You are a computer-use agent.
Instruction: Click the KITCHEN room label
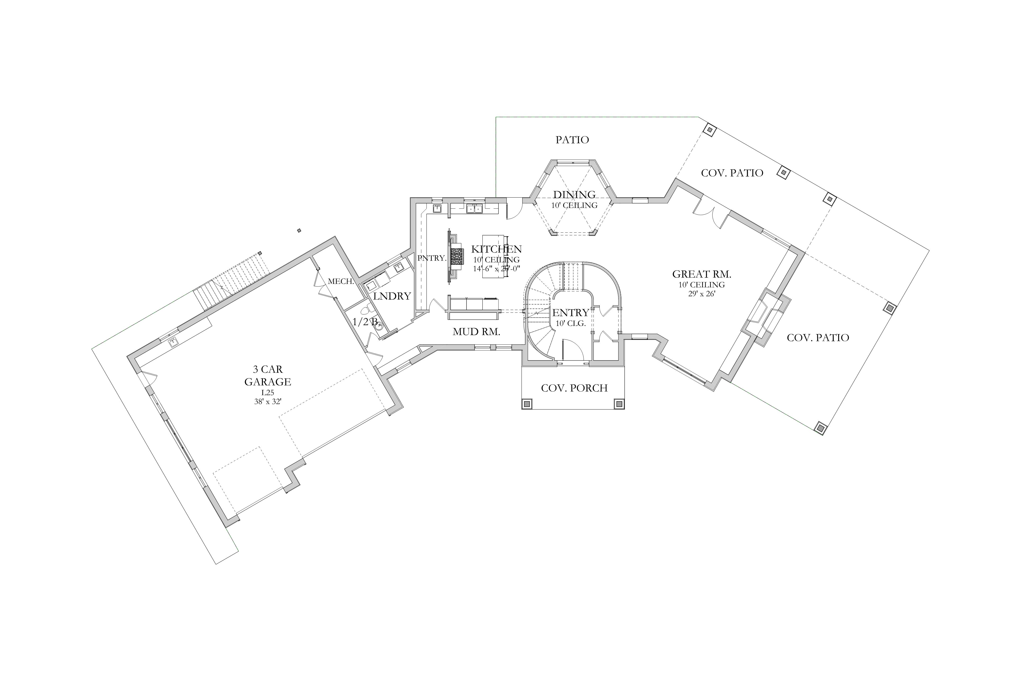[x=496, y=249]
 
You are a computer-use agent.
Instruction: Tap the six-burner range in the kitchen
[x=457, y=256]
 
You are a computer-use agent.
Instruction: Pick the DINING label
[x=574, y=195]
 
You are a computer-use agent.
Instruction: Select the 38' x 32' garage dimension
[x=268, y=402]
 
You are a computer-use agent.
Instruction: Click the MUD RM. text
[x=476, y=332]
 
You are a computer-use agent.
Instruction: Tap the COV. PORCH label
[x=574, y=388]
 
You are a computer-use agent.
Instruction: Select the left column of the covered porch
[x=527, y=404]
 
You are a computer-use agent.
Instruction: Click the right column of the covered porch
[x=619, y=404]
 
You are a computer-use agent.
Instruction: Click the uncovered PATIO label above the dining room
[x=572, y=140]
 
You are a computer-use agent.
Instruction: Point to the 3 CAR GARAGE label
[x=267, y=375]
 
